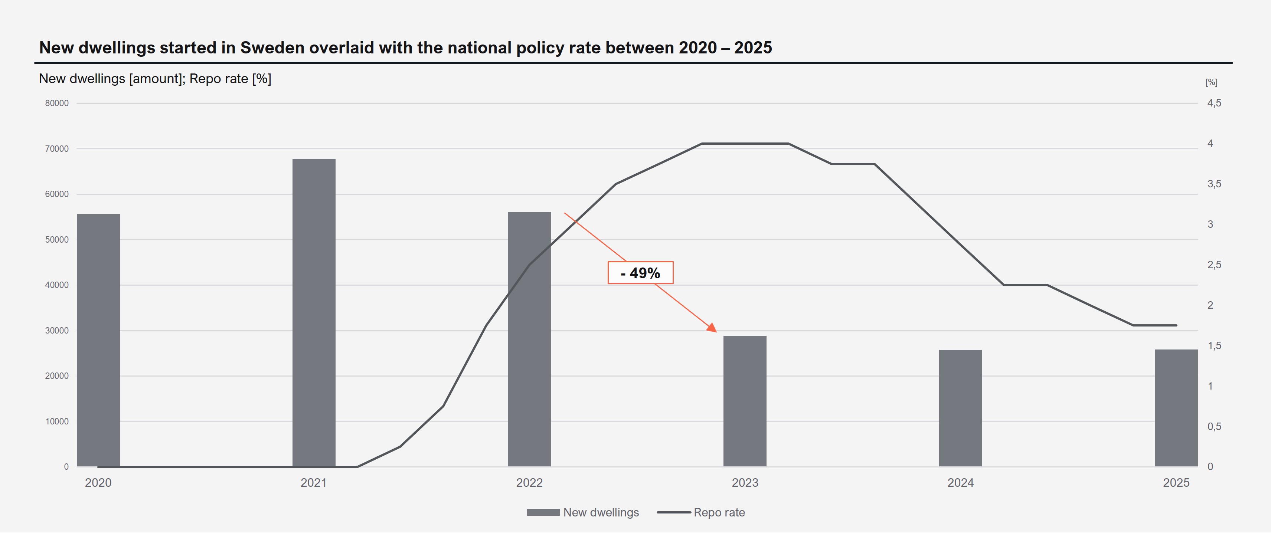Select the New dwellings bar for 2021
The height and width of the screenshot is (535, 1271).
tap(314, 313)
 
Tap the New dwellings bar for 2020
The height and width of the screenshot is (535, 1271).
tap(98, 340)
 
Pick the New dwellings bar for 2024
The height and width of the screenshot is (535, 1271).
tap(960, 408)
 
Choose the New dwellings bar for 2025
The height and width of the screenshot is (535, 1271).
tap(1176, 408)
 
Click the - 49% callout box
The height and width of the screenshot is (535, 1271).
tap(640, 273)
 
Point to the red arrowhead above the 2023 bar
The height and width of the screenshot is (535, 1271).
tap(712, 327)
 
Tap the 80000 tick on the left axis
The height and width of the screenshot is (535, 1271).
tap(57, 103)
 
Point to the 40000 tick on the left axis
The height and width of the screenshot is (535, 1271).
tap(57, 285)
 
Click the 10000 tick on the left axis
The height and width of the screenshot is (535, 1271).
tap(57, 421)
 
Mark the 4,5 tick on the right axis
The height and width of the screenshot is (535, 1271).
tap(1214, 103)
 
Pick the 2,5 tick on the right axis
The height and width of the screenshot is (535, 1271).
tap(1214, 265)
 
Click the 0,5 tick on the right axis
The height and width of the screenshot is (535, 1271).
tap(1214, 427)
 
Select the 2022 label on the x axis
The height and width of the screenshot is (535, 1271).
tap(529, 483)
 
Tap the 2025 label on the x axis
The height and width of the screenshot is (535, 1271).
tap(1176, 483)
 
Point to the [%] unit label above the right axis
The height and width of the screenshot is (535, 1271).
tap(1211, 82)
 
